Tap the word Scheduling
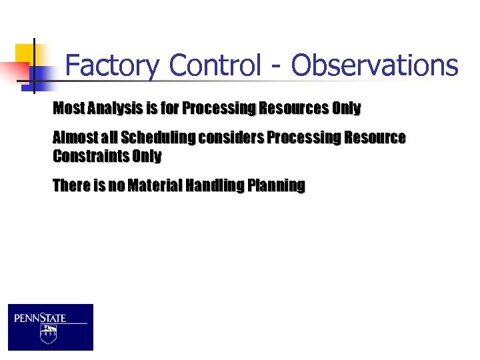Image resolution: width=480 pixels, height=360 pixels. point(159,138)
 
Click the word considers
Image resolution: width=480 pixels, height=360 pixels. point(231,138)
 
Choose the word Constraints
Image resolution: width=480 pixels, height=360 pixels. point(90,157)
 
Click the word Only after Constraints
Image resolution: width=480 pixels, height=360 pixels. point(146,157)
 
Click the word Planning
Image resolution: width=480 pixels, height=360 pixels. point(276,186)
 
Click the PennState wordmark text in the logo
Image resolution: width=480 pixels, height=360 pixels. point(41,318)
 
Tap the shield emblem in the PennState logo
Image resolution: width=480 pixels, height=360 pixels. point(48,333)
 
